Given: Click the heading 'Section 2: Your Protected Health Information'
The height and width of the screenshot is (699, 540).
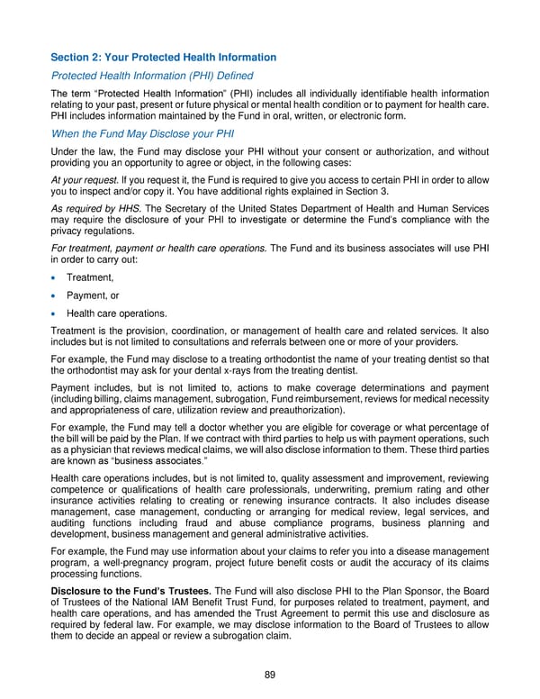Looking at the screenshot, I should pos(164,58).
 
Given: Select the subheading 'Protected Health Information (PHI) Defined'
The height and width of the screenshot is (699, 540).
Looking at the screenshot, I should pos(152,76).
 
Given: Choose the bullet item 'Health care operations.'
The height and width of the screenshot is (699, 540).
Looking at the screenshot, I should pos(117,313).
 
